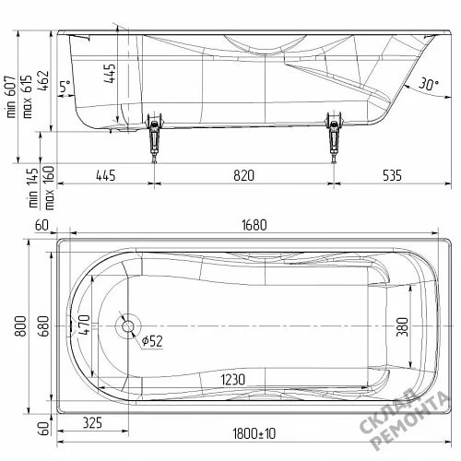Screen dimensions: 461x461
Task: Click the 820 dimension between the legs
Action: (243, 175)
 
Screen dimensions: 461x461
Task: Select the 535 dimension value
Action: (392, 175)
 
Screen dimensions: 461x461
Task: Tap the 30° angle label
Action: (429, 84)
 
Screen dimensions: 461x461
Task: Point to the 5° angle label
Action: (65, 87)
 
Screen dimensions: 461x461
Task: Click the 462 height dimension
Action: (43, 81)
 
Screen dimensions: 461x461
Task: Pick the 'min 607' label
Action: (11, 97)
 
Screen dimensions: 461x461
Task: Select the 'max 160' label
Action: (49, 188)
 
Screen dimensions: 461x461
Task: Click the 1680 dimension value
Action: (254, 225)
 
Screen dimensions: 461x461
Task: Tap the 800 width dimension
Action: (21, 325)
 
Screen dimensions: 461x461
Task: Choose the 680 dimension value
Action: (44, 325)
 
